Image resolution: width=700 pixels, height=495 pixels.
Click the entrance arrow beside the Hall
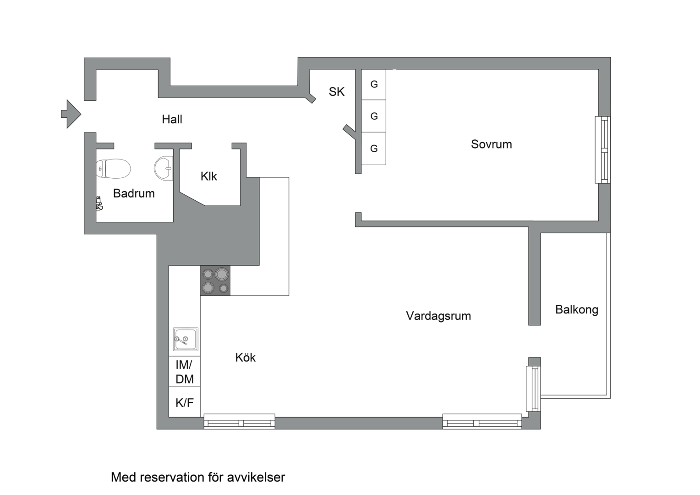[71, 114]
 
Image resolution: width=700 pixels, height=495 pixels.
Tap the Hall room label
[172, 120]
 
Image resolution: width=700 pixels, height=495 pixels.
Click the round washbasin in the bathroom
[164, 168]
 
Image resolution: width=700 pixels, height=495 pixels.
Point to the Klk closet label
[208, 176]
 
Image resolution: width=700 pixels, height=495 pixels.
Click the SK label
[336, 92]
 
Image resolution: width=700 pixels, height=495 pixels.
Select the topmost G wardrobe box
[374, 84]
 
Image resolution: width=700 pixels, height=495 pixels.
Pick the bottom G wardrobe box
[374, 148]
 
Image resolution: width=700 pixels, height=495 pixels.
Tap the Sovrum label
[491, 144]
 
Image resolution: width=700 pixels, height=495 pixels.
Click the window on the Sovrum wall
[602, 150]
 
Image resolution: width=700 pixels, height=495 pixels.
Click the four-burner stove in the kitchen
[215, 280]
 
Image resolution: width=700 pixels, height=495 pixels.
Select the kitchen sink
[186, 339]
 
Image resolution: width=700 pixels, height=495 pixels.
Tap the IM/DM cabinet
[185, 372]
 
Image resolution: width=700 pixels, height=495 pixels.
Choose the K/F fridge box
[185, 402]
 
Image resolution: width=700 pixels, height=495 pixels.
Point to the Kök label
[245, 357]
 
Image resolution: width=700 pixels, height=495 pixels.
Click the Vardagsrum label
[438, 316]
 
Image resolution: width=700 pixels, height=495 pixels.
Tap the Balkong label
[576, 310]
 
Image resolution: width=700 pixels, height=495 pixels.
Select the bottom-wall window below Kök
[239, 421]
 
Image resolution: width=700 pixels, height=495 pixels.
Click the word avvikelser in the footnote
[259, 478]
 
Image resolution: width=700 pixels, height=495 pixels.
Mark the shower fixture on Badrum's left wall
[99, 203]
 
